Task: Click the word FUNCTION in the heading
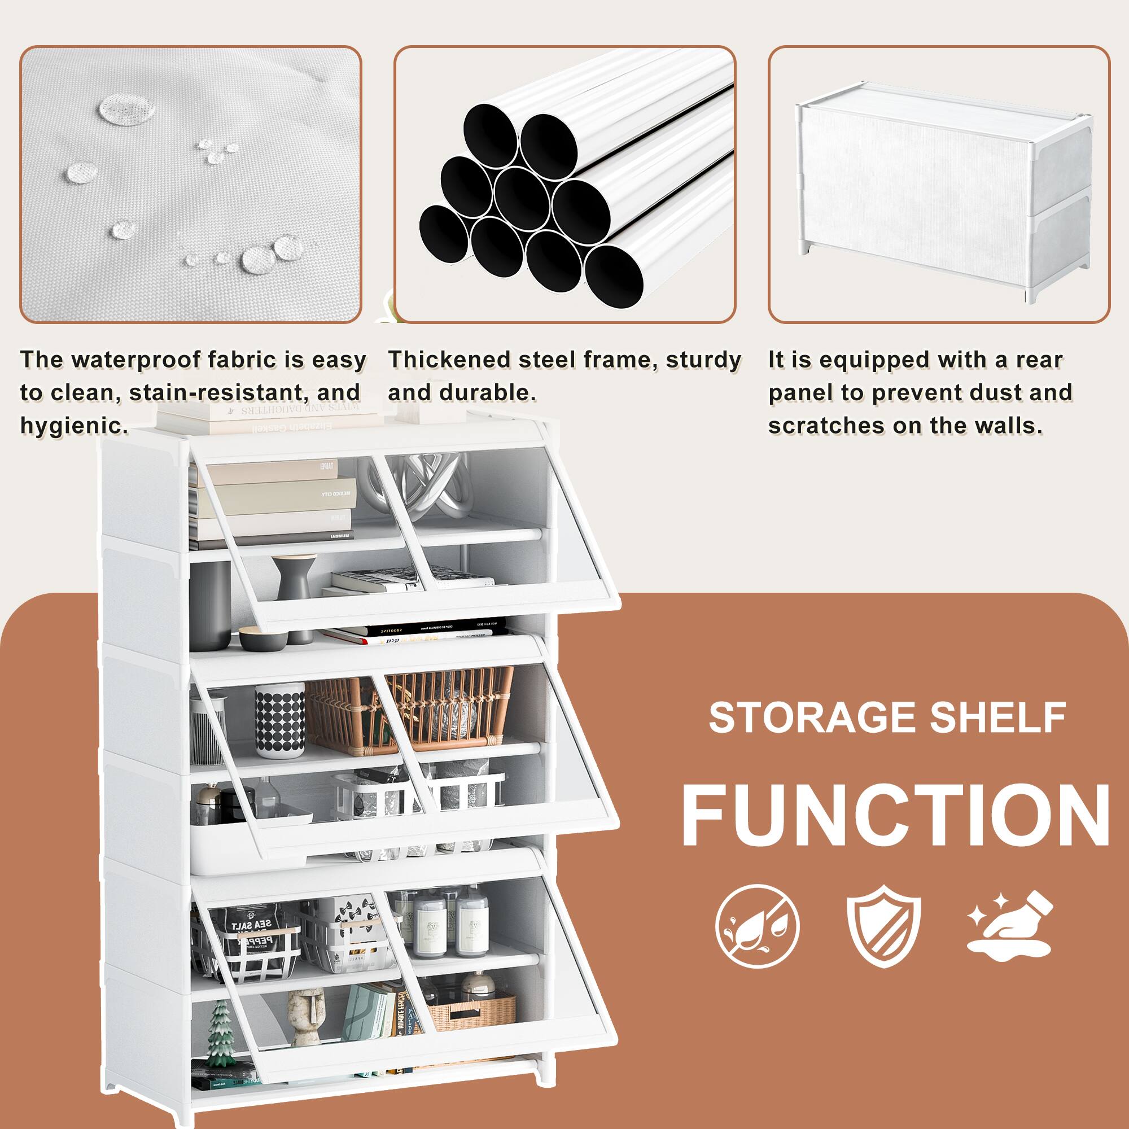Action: pyautogui.click(x=895, y=813)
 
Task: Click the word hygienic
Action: pyautogui.click(x=73, y=425)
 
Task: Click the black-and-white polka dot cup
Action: pyautogui.click(x=279, y=720)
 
